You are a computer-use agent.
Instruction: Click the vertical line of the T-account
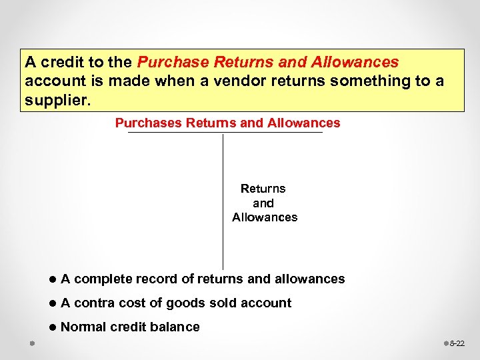[223, 200]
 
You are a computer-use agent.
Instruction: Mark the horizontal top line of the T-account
[225, 133]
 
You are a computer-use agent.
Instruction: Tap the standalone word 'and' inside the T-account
[263, 203]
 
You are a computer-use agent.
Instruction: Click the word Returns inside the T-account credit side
[263, 189]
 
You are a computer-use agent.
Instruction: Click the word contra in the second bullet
[94, 303]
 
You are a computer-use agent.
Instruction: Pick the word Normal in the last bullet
[83, 327]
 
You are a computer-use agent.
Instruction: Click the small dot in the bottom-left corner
[31, 344]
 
